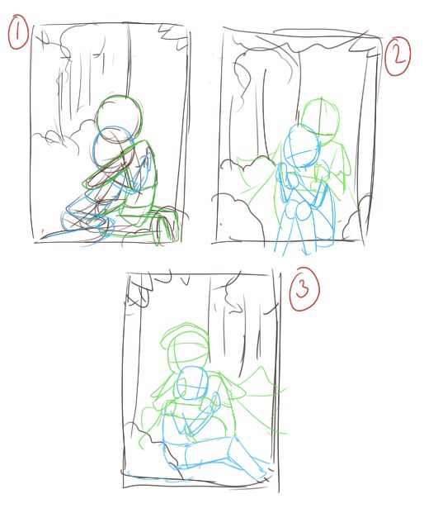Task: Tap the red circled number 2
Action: pyautogui.click(x=398, y=56)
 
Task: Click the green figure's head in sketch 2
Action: pyautogui.click(x=320, y=121)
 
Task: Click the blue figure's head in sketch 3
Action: pyautogui.click(x=192, y=382)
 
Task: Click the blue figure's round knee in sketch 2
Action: pyautogui.click(x=303, y=212)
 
